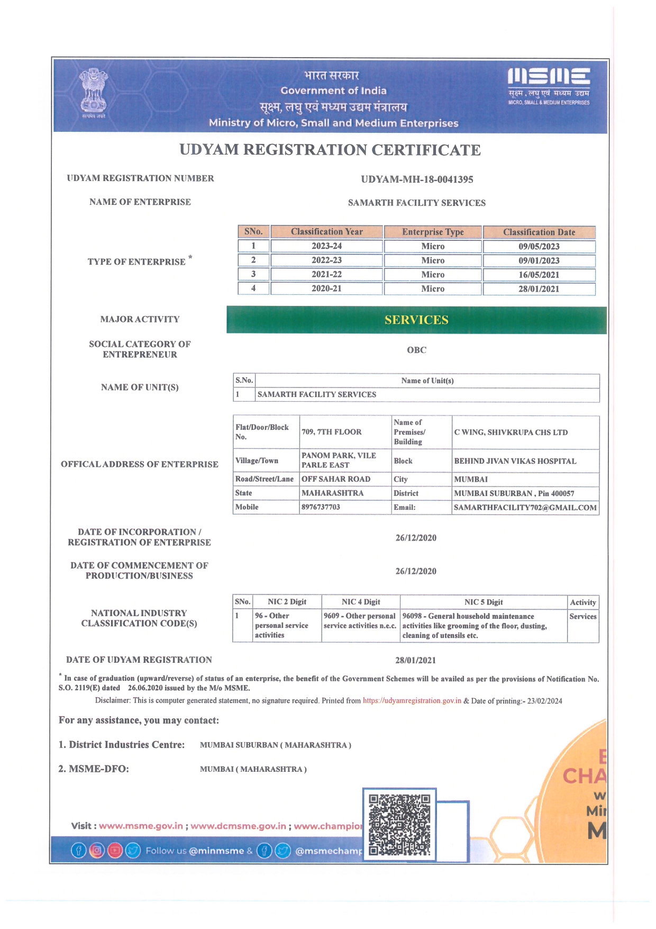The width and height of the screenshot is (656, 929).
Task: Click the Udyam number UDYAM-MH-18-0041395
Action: coord(417,179)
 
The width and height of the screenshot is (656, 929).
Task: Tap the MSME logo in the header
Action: coord(549,86)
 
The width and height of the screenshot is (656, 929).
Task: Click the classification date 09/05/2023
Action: coord(539,247)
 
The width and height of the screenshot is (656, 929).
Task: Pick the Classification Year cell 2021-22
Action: coord(326,275)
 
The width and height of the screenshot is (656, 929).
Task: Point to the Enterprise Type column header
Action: coord(433,232)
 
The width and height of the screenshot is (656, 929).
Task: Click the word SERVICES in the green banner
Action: coord(416,320)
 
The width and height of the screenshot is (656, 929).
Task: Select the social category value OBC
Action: coord(416,350)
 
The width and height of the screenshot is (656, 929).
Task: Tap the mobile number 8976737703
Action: coord(321,507)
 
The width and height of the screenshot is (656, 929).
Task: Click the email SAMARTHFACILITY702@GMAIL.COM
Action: coord(525,508)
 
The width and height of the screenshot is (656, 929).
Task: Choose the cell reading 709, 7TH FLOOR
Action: coord(332,432)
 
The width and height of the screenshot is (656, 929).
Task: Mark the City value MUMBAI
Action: coord(471,480)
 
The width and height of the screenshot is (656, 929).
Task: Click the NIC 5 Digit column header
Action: coord(484,602)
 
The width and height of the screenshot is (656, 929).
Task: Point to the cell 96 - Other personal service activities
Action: coord(281,626)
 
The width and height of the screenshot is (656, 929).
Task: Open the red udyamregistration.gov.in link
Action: coord(412,701)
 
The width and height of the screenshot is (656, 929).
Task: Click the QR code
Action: coord(399,824)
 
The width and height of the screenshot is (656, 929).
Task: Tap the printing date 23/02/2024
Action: coord(544,701)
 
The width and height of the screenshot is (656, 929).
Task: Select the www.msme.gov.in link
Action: coord(141,826)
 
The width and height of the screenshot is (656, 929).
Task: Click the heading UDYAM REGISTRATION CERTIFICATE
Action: coord(330,150)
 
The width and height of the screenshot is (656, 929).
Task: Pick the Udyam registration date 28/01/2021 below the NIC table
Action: coord(415,661)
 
